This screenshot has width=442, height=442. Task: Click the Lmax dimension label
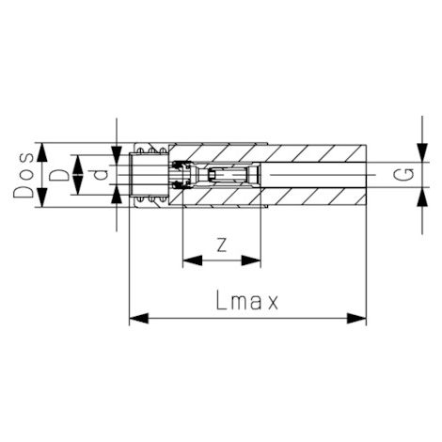coord(246,300)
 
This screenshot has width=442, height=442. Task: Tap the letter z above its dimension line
coord(222,245)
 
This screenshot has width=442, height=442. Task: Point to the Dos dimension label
coord(24,175)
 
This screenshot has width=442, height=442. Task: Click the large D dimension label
coord(59,175)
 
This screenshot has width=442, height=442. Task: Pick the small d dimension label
coord(101,175)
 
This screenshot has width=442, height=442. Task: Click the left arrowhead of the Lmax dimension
coord(138,318)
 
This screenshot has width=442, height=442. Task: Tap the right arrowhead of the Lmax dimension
coord(356,318)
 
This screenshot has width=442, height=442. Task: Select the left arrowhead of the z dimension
coord(192,260)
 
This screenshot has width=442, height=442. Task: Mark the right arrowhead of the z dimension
coord(251,260)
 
